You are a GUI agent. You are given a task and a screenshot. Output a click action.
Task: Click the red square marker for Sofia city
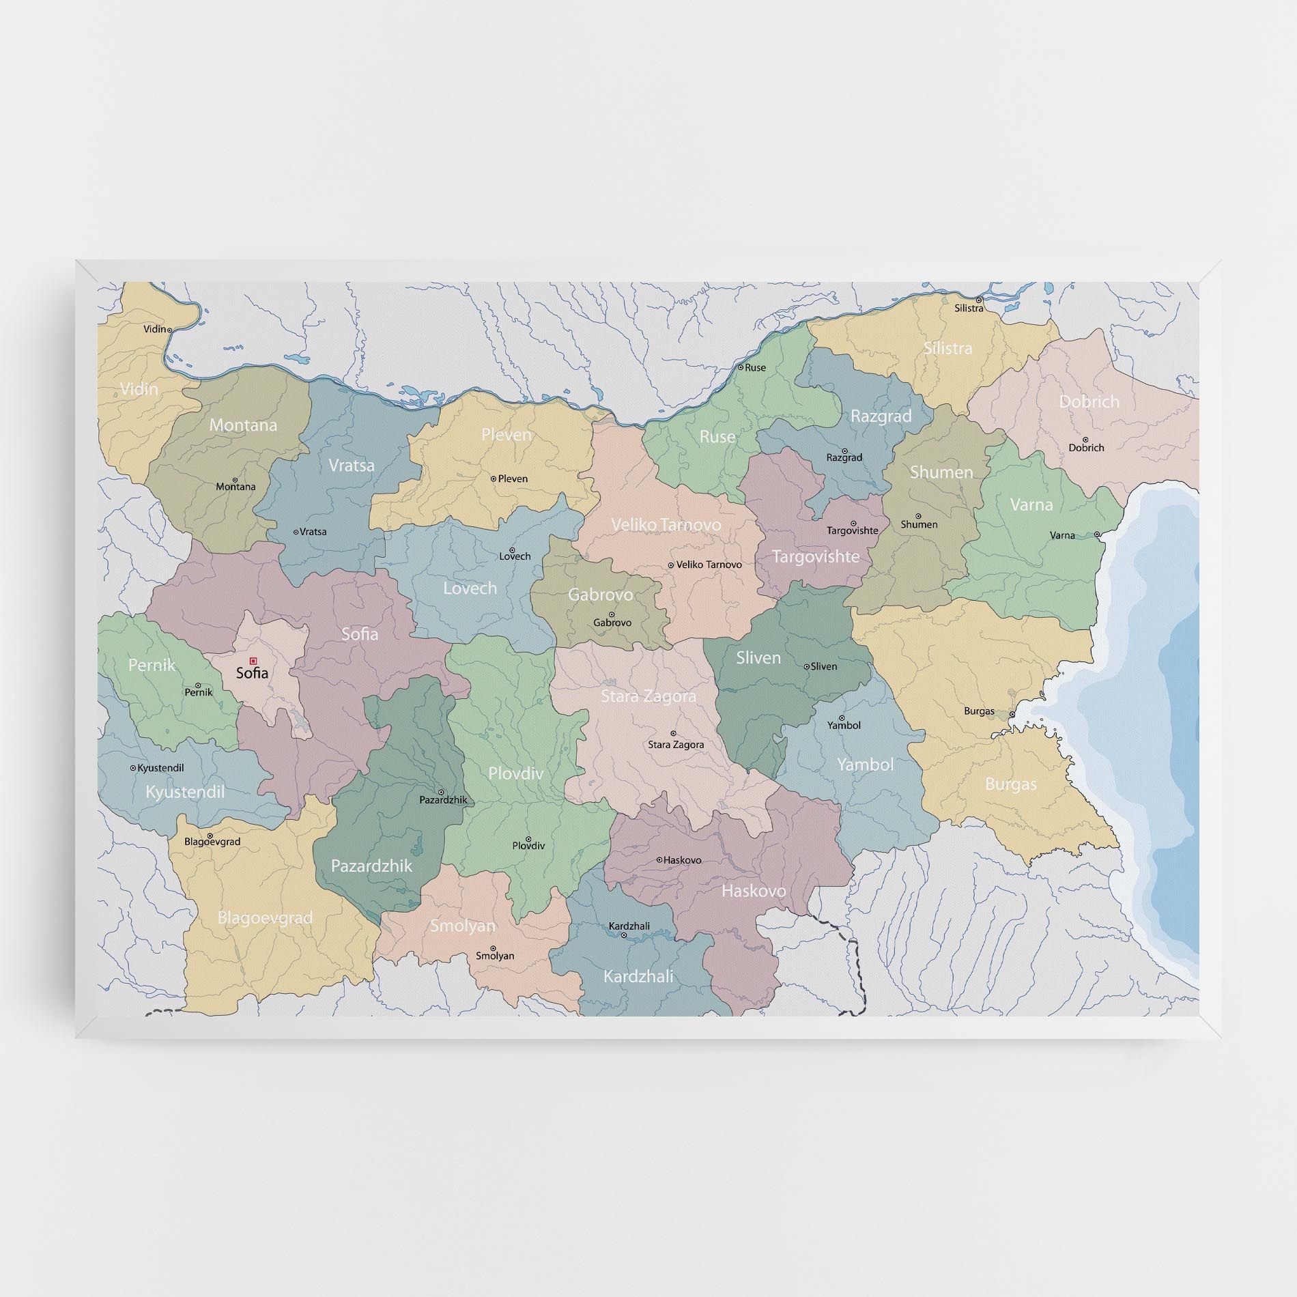(x=253, y=661)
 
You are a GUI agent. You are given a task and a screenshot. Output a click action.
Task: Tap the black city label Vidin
(x=154, y=329)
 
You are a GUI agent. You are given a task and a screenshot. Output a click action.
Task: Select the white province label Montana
(x=243, y=425)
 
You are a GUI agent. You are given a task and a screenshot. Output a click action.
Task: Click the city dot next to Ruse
(x=740, y=367)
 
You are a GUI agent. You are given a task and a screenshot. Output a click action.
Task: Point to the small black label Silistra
(x=969, y=309)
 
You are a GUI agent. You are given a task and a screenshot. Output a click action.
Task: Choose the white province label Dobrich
(x=1089, y=401)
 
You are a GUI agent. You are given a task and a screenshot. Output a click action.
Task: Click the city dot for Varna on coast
(x=1096, y=535)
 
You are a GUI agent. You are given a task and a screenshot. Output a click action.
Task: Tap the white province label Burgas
(x=1010, y=784)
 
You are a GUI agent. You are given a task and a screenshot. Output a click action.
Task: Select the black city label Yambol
(x=844, y=726)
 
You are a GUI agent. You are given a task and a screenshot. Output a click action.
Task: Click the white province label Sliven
(x=758, y=658)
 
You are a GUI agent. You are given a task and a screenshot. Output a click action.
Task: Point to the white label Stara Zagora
(x=648, y=696)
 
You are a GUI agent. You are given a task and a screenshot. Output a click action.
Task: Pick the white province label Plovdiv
(x=515, y=773)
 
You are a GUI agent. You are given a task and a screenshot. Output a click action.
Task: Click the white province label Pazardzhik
(x=371, y=866)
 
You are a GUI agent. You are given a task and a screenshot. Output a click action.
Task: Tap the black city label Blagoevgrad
(x=212, y=842)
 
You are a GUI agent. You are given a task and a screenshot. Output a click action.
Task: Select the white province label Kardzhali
(x=638, y=977)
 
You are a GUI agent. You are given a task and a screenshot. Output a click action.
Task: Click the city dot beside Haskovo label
(x=659, y=860)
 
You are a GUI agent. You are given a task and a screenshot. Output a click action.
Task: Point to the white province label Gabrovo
(x=600, y=595)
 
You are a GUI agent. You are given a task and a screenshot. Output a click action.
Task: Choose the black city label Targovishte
(x=852, y=530)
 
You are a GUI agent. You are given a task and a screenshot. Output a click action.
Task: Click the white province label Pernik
(x=152, y=665)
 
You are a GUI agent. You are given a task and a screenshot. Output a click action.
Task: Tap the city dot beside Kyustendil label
(x=133, y=768)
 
